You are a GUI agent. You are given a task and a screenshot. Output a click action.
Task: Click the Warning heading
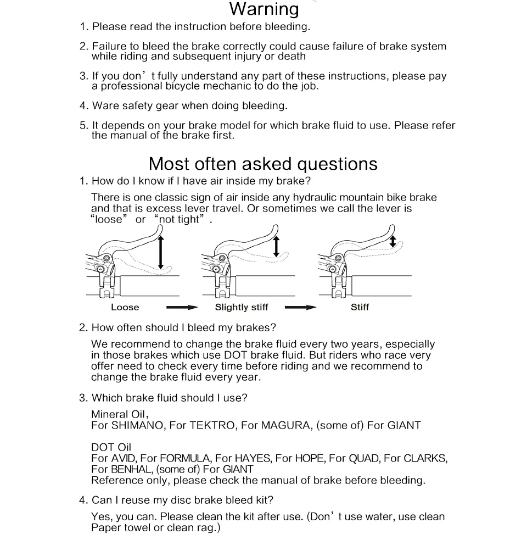point(264,9)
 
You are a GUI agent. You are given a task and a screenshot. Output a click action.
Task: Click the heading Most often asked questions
point(263,164)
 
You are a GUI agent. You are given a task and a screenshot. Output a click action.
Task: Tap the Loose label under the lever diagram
point(125,308)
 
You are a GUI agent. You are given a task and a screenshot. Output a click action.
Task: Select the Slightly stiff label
point(242,308)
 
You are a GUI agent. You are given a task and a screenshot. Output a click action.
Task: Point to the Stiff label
point(360,308)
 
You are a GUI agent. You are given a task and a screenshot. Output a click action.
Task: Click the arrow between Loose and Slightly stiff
point(181,308)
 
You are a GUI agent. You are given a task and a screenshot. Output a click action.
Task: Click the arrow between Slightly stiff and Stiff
point(300,308)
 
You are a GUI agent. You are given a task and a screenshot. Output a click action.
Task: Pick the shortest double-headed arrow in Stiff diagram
point(393,241)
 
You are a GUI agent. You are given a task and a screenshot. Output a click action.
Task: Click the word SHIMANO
point(138,425)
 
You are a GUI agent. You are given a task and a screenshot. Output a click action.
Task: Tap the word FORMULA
point(184,458)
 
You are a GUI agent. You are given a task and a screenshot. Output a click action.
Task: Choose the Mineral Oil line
point(120,414)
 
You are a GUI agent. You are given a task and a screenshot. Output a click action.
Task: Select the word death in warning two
point(291,56)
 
